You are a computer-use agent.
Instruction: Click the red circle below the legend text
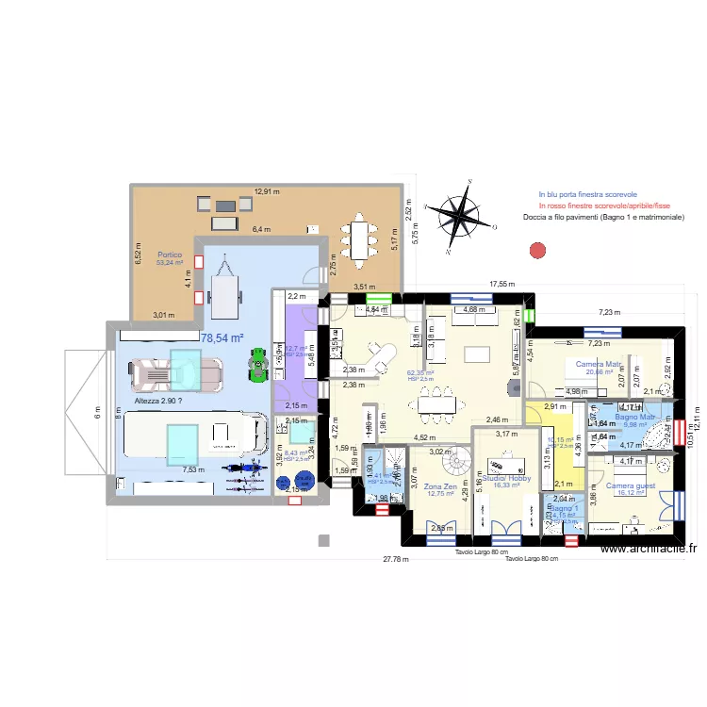click(x=538, y=251)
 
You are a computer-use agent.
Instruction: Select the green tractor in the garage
click(x=257, y=363)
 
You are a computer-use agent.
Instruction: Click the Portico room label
click(x=170, y=255)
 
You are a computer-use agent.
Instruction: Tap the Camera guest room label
click(x=631, y=486)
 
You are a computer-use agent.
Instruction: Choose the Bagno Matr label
click(x=634, y=417)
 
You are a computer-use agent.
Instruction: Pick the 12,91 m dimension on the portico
click(x=268, y=192)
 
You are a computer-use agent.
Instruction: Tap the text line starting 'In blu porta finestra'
click(x=587, y=193)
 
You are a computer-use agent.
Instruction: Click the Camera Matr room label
click(x=598, y=364)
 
